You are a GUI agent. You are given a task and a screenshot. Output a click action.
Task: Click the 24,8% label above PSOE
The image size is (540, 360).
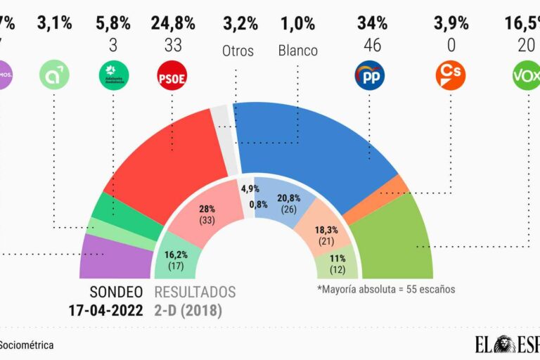172,23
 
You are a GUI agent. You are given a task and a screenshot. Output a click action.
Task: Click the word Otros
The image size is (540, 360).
238,51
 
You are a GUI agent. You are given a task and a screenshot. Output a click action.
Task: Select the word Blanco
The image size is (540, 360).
297,51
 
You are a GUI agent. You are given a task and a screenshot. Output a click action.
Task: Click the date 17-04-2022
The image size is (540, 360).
105,309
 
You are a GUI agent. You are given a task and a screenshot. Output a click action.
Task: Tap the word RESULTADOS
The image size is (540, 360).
195,292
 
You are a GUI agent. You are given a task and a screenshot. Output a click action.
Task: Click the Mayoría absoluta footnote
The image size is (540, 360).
386,289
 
